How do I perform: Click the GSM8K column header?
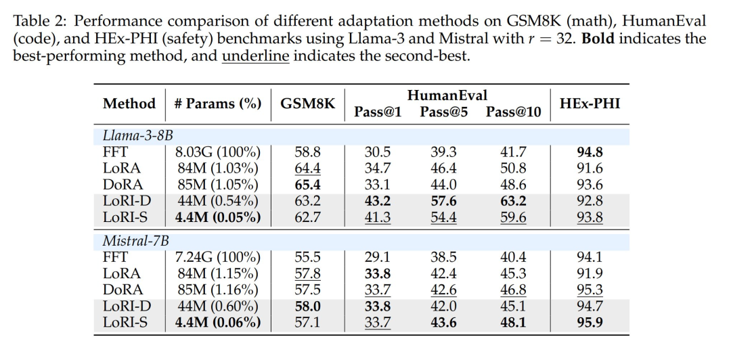pyautogui.click(x=308, y=104)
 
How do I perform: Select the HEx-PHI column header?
pyautogui.click(x=590, y=104)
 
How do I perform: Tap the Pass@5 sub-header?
pyautogui.click(x=443, y=112)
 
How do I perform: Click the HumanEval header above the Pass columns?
pyautogui.click(x=447, y=95)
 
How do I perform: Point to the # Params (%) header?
pyautogui.click(x=217, y=104)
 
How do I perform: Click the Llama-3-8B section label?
pyautogui.click(x=133, y=135)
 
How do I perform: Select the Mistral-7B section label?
pyautogui.click(x=130, y=240)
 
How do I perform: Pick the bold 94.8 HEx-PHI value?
pyautogui.click(x=590, y=152)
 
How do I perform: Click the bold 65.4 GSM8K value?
pyautogui.click(x=308, y=185)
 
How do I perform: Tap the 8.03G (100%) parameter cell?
pyautogui.click(x=217, y=152)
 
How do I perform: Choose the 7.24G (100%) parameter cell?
pyautogui.click(x=217, y=257)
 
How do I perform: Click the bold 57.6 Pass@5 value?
pyautogui.click(x=443, y=201)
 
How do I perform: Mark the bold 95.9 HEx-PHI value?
pyautogui.click(x=590, y=322)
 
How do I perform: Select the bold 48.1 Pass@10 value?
pyautogui.click(x=513, y=322)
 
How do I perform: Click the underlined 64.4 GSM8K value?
pyautogui.click(x=308, y=168)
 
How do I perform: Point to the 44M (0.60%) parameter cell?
pyautogui.click(x=217, y=306)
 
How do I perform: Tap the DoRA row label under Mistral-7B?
pyautogui.click(x=123, y=290)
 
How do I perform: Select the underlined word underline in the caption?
pyautogui.click(x=255, y=55)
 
